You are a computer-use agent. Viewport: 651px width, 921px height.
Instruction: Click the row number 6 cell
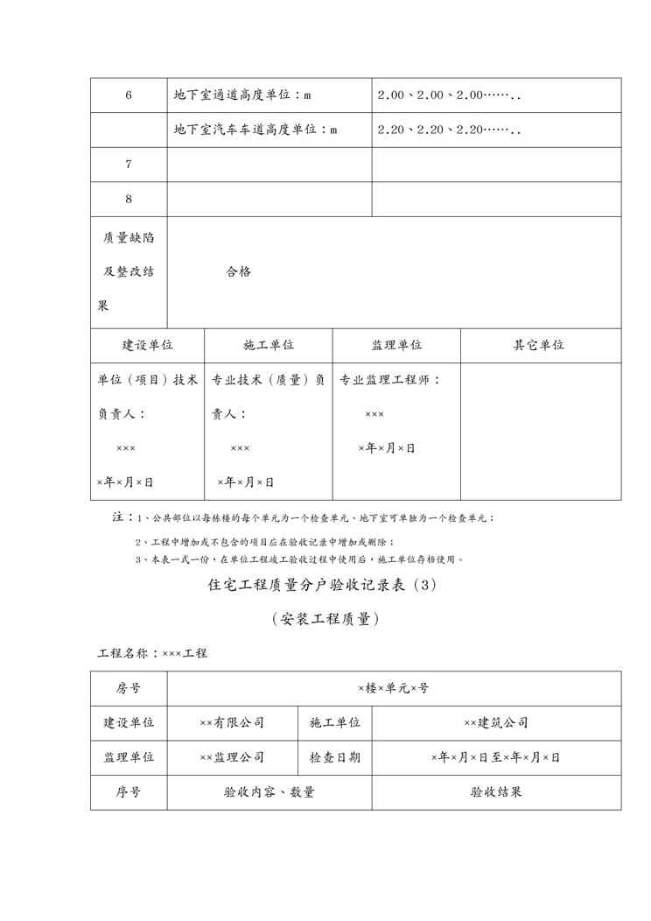pyautogui.click(x=129, y=95)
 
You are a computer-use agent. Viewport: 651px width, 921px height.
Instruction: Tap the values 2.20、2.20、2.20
pyautogui.click(x=449, y=130)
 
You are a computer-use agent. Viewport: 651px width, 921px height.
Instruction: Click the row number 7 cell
pyautogui.click(x=129, y=164)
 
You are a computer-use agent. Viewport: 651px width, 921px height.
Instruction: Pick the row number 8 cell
pyautogui.click(x=129, y=199)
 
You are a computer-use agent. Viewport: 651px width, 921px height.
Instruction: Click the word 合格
pyautogui.click(x=238, y=271)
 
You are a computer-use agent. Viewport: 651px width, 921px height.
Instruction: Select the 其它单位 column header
pyautogui.click(x=539, y=345)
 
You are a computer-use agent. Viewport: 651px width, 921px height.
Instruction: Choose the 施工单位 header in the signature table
pyautogui.click(x=269, y=345)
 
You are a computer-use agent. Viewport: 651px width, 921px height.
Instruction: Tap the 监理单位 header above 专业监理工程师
pyautogui.click(x=396, y=345)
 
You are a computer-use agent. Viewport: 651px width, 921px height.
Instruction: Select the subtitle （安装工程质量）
pyautogui.click(x=324, y=619)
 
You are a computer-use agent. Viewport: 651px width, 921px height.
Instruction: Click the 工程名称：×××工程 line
pyautogui.click(x=152, y=652)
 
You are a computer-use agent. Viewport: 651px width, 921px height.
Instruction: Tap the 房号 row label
pyautogui.click(x=129, y=688)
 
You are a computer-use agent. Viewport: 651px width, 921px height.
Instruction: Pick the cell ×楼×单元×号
pyautogui.click(x=394, y=688)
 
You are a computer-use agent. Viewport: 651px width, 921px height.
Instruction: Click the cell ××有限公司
pyautogui.click(x=232, y=723)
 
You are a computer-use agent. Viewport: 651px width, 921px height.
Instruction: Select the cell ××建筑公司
pyautogui.click(x=496, y=723)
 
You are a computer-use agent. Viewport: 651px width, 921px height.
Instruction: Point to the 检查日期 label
pyautogui.click(x=334, y=757)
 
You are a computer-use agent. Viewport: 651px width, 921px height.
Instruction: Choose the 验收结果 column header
pyautogui.click(x=496, y=792)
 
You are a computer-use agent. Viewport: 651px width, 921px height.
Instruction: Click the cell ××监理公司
pyautogui.click(x=232, y=757)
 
